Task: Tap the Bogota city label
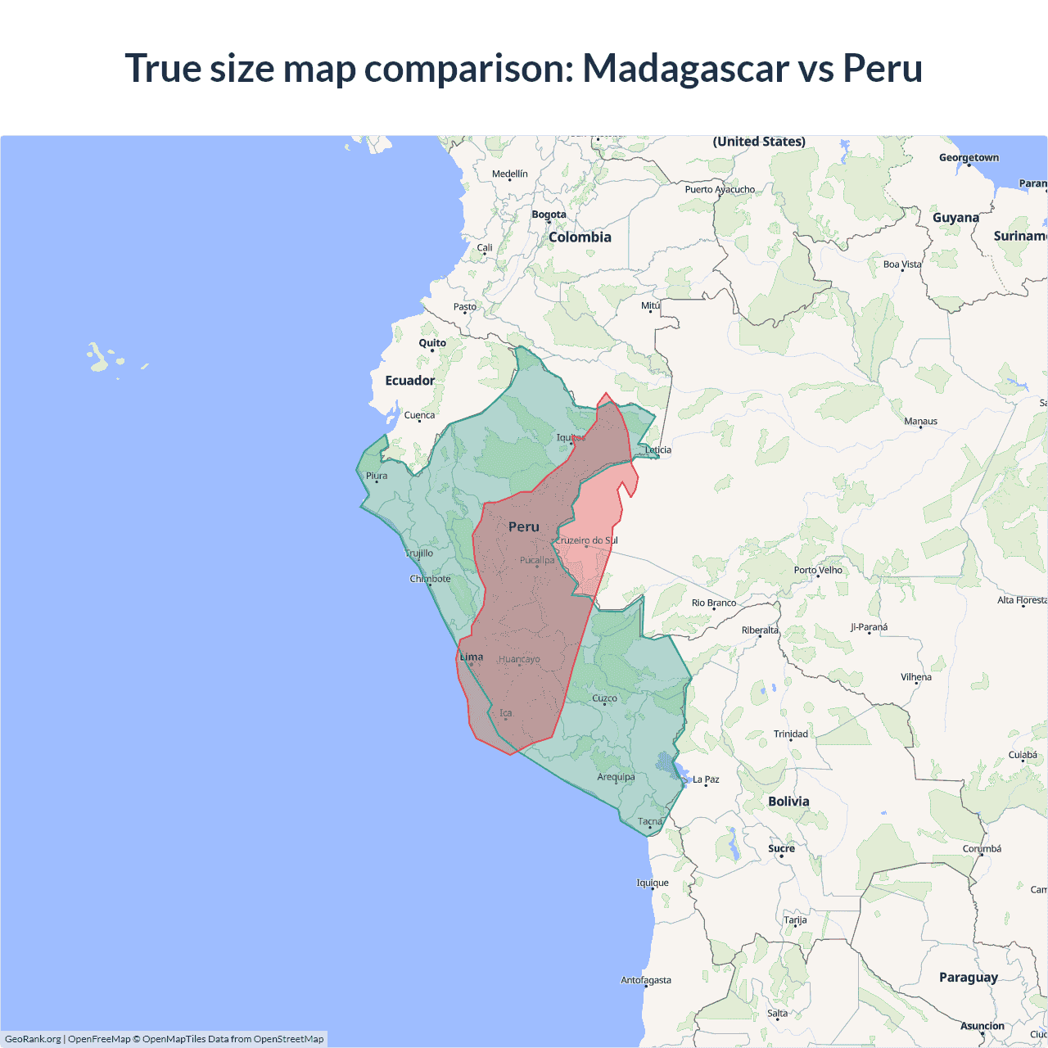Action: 549,215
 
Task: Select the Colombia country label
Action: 580,237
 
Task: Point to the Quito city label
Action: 432,343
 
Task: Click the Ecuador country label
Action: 410,381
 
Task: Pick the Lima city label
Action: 472,657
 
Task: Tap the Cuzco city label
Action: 604,698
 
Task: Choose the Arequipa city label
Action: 616,777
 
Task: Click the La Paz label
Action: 706,779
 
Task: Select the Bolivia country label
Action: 788,802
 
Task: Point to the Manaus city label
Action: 920,422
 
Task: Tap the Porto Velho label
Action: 818,570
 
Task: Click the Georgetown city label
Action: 969,158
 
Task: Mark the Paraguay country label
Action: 969,978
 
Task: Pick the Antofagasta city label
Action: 646,980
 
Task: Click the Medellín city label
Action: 509,174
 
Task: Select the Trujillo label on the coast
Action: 419,553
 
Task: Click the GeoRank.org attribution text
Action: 33,1039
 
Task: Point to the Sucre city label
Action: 781,848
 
